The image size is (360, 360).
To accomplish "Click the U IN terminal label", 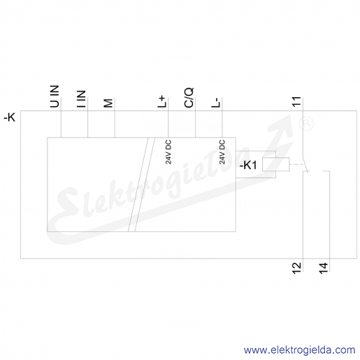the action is point(55,96).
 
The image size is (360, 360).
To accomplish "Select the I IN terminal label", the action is point(81,99).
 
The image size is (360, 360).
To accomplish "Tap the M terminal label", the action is point(108,103).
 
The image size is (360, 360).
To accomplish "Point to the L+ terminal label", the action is point(162,101).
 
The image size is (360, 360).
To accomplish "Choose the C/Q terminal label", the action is point(189,98).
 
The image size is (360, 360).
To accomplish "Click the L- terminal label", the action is point(215,103).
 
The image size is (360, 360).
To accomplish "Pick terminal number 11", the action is point(296,102).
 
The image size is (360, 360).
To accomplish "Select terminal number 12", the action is point(296,268).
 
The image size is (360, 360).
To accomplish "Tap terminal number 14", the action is point(324,268).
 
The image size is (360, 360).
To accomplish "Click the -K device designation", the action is point(10,117).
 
